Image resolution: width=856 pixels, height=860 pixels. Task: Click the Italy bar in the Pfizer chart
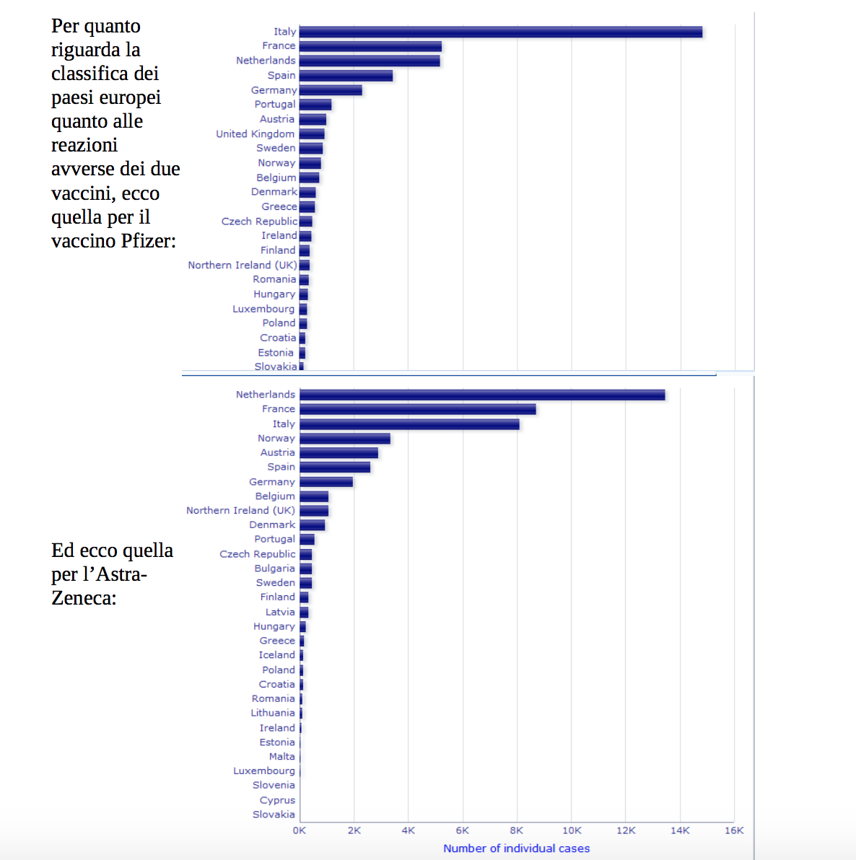[x=500, y=32]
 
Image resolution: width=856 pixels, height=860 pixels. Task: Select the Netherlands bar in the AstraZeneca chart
[x=482, y=395]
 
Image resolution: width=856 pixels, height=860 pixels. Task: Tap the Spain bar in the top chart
[x=346, y=76]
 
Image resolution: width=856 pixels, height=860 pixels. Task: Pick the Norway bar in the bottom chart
[x=345, y=439]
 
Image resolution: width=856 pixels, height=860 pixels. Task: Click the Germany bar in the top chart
[x=331, y=90]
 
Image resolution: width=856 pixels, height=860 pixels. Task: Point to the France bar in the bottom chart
[x=417, y=409]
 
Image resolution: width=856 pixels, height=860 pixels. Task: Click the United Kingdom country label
[x=255, y=134]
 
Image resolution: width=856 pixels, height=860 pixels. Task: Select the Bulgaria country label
[x=274, y=569]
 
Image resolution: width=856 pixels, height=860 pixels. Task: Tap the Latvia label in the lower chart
[x=280, y=612]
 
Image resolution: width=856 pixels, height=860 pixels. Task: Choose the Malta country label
[x=281, y=757]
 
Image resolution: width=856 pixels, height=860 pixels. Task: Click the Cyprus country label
[x=277, y=800]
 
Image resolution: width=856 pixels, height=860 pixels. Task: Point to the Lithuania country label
[x=273, y=713]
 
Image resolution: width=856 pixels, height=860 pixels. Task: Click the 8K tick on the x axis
[x=517, y=830]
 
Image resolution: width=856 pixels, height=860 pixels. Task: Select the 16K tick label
[x=734, y=830]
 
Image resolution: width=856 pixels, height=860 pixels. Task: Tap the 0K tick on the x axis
[x=300, y=830]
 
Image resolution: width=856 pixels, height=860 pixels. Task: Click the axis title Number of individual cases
[x=516, y=848]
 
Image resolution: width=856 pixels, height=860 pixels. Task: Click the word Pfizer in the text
[x=147, y=241]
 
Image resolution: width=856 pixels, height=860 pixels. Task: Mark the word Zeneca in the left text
[x=82, y=598]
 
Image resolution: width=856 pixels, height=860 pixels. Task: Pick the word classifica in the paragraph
[x=90, y=74]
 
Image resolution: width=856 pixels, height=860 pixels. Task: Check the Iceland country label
[x=276, y=655]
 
